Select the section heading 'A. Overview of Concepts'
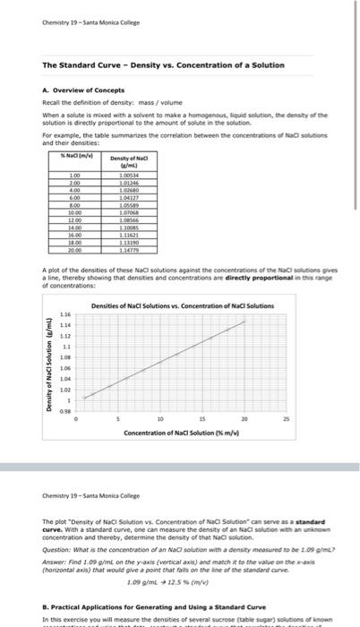pyautogui.click(x=81, y=90)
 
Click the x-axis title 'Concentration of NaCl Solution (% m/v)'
pyautogui.click(x=183, y=434)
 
